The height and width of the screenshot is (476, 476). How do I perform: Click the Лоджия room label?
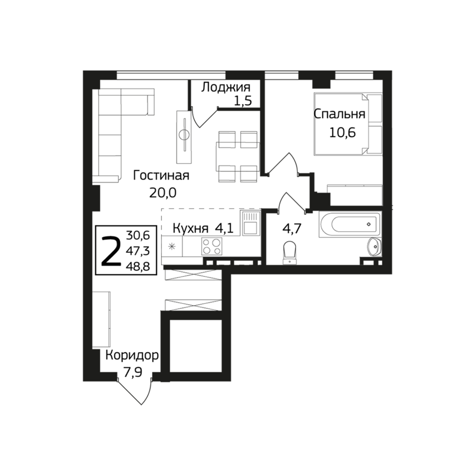coord(226,87)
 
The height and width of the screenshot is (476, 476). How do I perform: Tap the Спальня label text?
coord(340,114)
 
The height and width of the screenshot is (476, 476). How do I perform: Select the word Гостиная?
coord(161,175)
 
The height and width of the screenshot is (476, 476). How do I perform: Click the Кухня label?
coord(190,228)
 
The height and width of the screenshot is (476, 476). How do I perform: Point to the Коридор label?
coord(132,355)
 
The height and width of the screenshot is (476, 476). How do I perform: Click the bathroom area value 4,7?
coord(291,228)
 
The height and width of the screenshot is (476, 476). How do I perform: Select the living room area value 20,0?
coord(163,193)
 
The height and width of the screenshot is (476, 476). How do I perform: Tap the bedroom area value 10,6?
coord(343,133)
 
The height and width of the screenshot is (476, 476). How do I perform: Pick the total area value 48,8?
coord(140,267)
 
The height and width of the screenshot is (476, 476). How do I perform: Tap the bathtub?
coord(350,225)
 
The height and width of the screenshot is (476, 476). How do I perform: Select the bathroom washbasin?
coord(374,247)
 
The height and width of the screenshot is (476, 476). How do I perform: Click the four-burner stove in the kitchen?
coord(212,246)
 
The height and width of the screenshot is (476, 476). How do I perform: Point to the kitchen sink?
coord(251,223)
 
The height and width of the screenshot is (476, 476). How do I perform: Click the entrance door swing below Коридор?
coord(134,391)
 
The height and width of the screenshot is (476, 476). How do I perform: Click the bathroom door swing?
coord(292,203)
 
